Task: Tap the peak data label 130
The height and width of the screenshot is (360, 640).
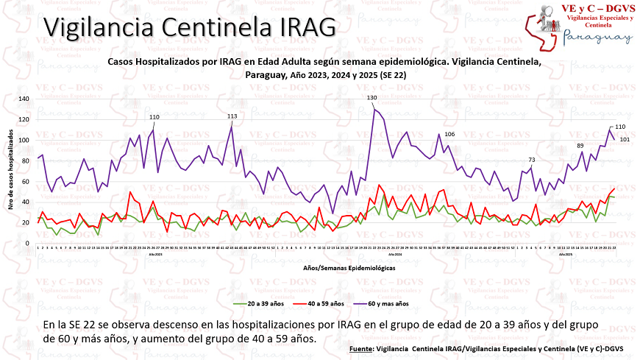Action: (x=372, y=98)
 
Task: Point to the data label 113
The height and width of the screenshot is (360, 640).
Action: (x=232, y=116)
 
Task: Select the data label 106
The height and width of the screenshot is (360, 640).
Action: (x=449, y=134)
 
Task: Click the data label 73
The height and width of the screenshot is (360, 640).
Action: (x=532, y=160)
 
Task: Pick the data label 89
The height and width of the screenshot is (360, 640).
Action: (x=580, y=146)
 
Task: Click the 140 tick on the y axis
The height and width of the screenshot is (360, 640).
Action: (x=24, y=99)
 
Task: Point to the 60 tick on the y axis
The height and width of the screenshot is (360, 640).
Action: (x=26, y=181)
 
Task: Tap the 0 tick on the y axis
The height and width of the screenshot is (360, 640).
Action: (x=27, y=243)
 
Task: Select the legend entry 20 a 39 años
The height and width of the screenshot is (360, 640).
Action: (x=263, y=303)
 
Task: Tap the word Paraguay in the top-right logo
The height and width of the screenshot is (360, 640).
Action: (x=597, y=37)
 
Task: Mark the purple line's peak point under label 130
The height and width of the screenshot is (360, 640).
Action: (x=374, y=108)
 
